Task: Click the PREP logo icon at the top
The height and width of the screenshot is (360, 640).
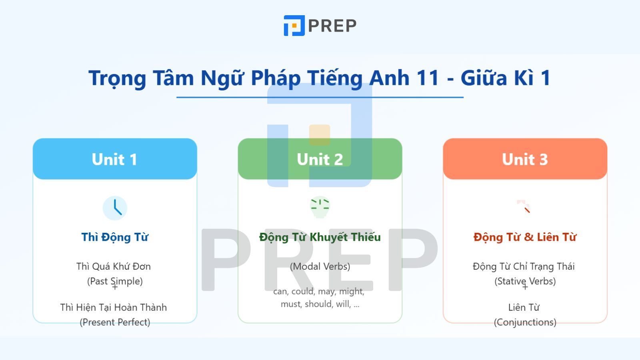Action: (294, 26)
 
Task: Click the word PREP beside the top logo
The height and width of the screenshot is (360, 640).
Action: (332, 26)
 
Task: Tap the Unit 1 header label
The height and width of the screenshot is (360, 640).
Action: (114, 159)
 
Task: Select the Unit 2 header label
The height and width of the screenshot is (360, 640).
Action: (320, 159)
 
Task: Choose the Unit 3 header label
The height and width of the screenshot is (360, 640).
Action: (525, 159)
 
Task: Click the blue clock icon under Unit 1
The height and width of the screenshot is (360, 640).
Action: (115, 208)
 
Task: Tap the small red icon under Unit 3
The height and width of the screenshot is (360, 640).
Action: (524, 207)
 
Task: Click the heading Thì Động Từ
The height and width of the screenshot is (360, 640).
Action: (115, 237)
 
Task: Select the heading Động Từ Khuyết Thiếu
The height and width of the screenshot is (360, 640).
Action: (320, 237)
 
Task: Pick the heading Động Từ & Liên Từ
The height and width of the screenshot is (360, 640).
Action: (525, 237)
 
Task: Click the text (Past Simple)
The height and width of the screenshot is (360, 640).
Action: (115, 281)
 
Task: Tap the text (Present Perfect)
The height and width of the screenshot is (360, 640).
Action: (115, 322)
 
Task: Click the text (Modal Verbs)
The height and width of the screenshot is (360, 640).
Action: (320, 266)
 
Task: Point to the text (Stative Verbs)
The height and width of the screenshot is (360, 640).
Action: (525, 281)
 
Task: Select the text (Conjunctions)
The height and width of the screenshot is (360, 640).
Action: (525, 322)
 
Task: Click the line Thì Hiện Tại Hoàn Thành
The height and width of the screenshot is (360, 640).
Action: (114, 308)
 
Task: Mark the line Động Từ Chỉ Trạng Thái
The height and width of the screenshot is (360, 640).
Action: (524, 266)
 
